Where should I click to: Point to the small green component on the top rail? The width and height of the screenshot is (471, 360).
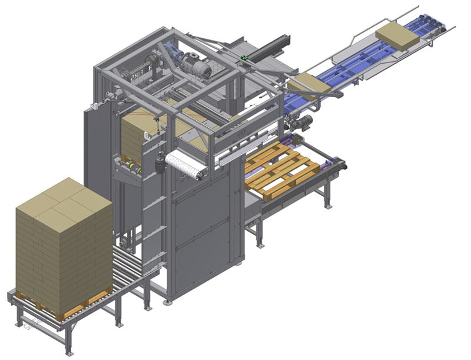(243, 59)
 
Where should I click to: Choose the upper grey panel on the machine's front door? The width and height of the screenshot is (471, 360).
(203, 200)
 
